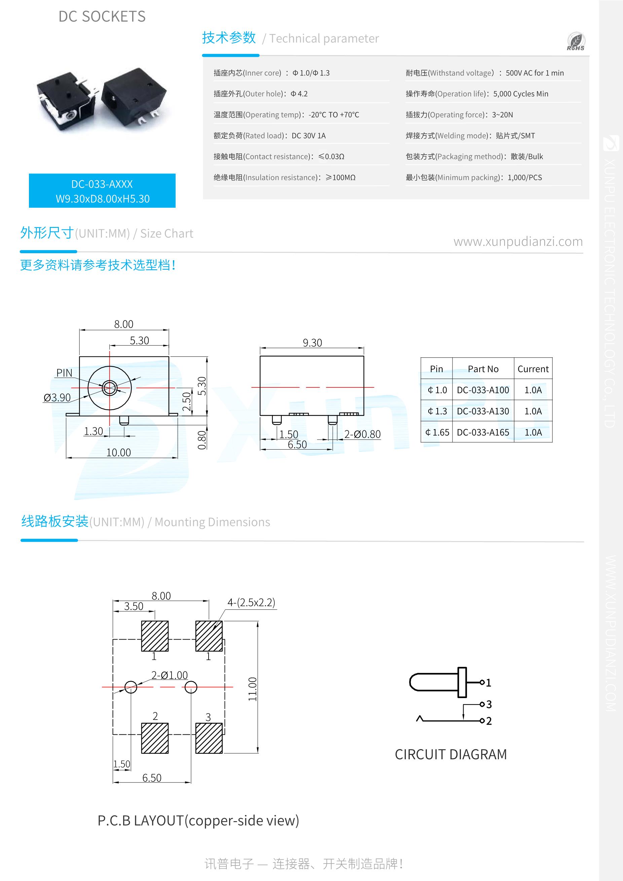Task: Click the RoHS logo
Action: click(x=576, y=41)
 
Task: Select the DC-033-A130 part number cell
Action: click(x=482, y=411)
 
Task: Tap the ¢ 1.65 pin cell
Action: click(x=437, y=432)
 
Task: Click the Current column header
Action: click(x=533, y=369)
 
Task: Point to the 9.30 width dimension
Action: click(x=312, y=343)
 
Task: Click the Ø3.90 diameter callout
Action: click(x=57, y=397)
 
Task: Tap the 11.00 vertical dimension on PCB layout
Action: click(x=252, y=689)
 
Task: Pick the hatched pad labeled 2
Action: click(x=155, y=738)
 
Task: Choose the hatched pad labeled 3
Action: click(x=209, y=738)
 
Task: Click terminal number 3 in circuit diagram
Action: click(x=488, y=704)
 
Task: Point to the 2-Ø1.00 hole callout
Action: click(x=169, y=675)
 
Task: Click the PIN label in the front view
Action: click(x=64, y=373)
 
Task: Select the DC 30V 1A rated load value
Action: click(x=308, y=136)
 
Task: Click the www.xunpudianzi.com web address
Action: click(x=518, y=241)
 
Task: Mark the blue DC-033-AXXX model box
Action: click(x=102, y=191)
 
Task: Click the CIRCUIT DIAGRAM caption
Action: click(x=451, y=754)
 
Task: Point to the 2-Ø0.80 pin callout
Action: click(x=362, y=434)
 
